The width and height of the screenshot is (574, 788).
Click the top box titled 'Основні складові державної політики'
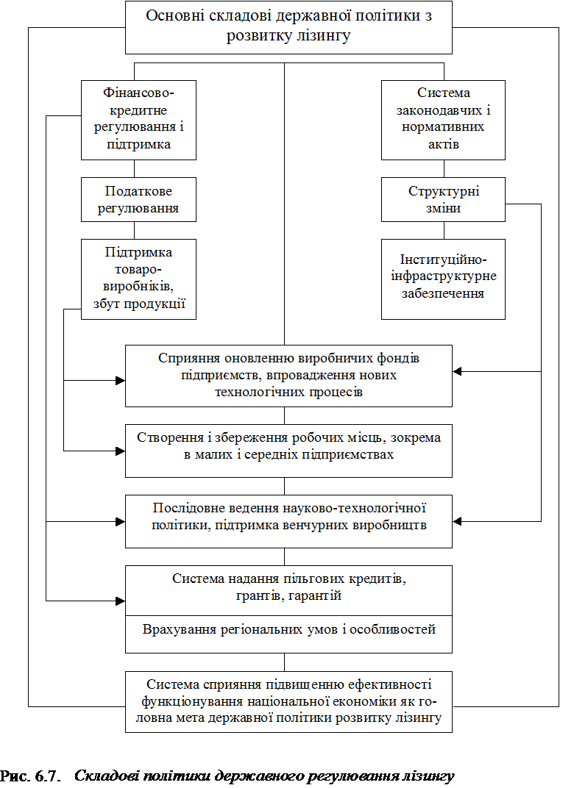pos(288,27)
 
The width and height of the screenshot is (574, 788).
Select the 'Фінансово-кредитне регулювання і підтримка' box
pos(139,120)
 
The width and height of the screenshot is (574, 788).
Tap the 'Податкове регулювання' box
pos(139,199)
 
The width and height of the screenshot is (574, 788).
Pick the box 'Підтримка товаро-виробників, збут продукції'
pos(139,279)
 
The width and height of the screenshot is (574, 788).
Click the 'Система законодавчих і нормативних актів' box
pos(443,120)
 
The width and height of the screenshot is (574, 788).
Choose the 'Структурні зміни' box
pos(443,199)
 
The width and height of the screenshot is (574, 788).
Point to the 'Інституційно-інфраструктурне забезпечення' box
pos(443,279)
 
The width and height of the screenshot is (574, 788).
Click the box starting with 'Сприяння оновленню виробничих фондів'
pos(288,376)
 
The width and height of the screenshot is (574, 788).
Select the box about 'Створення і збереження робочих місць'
pos(288,451)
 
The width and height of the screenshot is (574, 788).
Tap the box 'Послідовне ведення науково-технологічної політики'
pos(288,521)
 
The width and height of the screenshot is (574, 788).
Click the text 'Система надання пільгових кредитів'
pos(289,579)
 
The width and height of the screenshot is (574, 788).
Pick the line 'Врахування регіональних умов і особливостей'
pos(288,629)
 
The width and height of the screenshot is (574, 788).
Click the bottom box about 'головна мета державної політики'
pos(288,701)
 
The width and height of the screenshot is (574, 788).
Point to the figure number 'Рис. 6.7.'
pos(30,776)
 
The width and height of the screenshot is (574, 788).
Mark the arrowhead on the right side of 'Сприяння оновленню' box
pos(457,371)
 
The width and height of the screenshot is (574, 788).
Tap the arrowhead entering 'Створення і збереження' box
pos(120,451)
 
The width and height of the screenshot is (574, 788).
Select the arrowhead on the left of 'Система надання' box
pos(120,601)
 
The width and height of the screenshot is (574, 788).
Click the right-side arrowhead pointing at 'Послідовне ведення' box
pos(457,521)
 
